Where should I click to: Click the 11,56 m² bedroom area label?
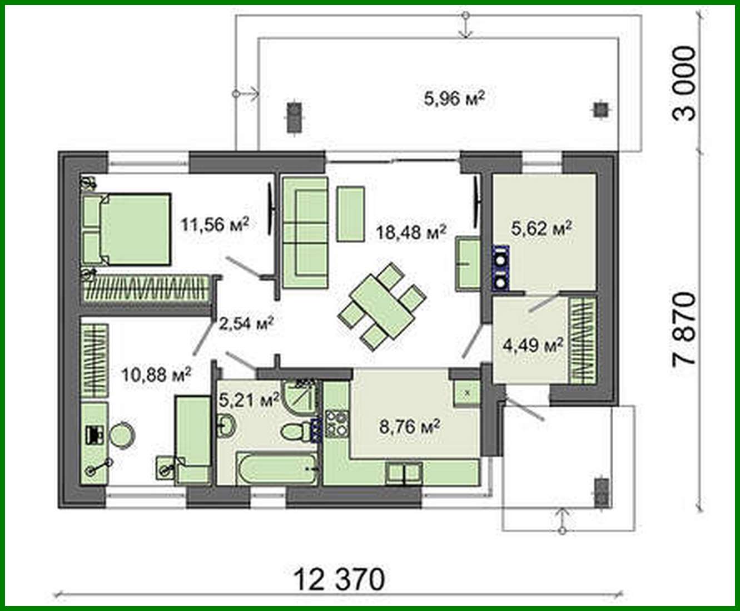coord(214,224)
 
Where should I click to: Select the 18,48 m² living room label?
coord(411,231)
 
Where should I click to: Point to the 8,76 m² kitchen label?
coord(410,427)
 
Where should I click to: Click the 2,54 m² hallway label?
coord(247,323)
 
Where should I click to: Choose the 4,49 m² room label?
coord(533,345)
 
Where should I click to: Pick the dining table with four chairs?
coord(383,305)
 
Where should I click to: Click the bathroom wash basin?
coord(227,426)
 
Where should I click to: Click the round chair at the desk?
coord(121,435)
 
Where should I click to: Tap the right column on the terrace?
coord(599,109)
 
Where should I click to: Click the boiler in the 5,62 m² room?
coord(501,269)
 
